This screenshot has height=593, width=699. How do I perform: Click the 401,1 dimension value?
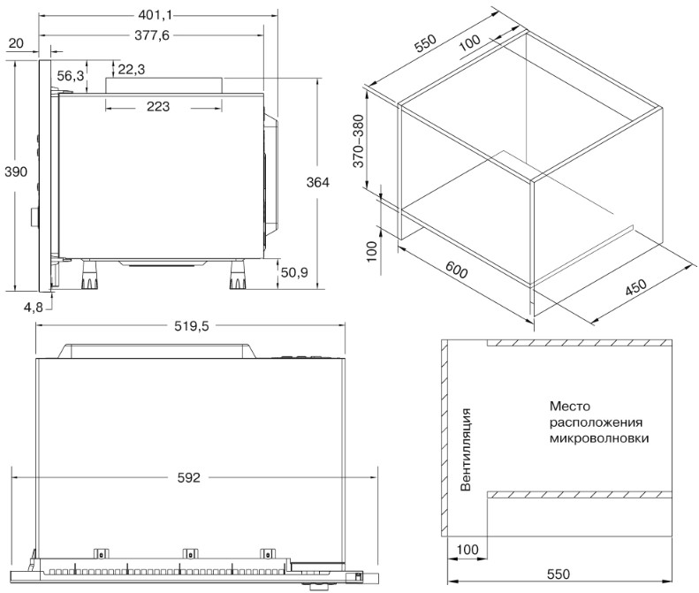click(155, 15)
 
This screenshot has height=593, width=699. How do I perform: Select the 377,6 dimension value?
click(152, 35)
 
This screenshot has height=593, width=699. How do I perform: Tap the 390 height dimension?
click(16, 171)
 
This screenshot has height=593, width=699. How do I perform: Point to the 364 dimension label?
click(318, 182)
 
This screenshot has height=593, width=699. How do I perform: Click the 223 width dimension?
click(158, 107)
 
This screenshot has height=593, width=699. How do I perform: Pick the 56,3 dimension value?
click(71, 76)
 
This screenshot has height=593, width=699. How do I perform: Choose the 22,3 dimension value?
click(132, 69)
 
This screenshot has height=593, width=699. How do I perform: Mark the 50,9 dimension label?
click(294, 272)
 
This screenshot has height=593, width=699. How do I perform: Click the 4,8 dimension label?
click(34, 308)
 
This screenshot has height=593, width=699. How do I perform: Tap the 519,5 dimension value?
click(191, 326)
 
